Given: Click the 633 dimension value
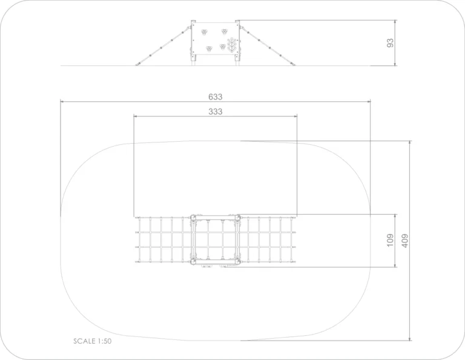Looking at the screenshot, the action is pos(216,97).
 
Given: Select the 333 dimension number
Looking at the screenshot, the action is pos(216,112).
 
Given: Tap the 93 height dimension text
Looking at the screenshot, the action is pos(391,43).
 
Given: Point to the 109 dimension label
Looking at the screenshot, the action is pos(391,240).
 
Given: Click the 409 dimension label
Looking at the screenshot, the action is pos(405,241).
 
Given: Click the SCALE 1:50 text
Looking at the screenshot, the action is pos(93,341).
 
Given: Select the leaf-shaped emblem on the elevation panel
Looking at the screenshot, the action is pos(232,45).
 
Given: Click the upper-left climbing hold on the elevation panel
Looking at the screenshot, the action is pos(204,32).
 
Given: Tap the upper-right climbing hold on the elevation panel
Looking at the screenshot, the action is pos(225,32).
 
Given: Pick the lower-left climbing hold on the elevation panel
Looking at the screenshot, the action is pos(209,48).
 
